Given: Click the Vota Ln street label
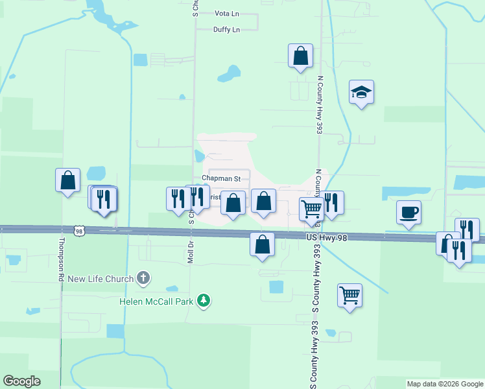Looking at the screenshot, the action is [227, 13].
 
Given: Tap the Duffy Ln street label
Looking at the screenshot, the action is [227, 30].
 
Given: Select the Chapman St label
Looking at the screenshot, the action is [221, 178].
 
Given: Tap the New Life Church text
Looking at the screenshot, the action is [101, 279].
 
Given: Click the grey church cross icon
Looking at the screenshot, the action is [144, 279].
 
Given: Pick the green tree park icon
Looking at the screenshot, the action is [204, 300].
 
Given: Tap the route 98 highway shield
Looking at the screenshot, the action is [78, 231].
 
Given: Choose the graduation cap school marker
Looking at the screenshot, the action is [361, 93].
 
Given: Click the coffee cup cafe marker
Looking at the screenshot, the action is [408, 212].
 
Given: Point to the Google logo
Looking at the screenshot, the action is [21, 381].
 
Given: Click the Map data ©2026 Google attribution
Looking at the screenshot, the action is [445, 384].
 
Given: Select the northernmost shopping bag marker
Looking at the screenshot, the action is [301, 56].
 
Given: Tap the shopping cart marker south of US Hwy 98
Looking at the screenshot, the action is [349, 296].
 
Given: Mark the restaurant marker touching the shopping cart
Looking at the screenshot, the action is [331, 203].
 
